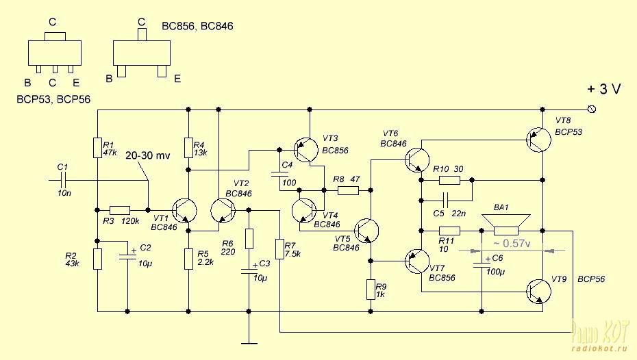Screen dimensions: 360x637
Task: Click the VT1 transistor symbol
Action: point(184,209)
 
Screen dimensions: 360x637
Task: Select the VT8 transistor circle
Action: point(538,140)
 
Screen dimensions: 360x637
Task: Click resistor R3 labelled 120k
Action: point(120,209)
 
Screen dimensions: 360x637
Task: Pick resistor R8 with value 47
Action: point(347,190)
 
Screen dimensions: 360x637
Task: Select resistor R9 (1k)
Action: point(371,290)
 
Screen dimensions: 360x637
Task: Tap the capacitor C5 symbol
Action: point(445,201)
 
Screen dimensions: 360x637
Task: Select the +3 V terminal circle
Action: point(592,110)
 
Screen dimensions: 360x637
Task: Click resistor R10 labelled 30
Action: point(449,181)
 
